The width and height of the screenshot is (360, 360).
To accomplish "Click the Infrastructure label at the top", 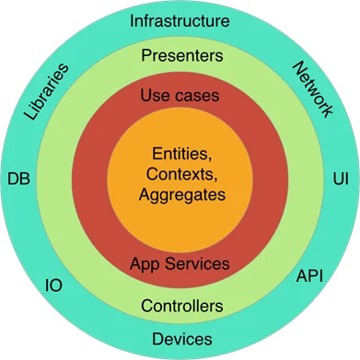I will coord(179,20).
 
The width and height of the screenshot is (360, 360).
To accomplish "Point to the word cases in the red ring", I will coord(194,94).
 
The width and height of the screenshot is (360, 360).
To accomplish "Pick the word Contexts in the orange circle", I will coord(178,175).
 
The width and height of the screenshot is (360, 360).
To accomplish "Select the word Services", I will coord(197,264).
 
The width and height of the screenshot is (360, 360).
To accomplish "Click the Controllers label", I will coord(180,305).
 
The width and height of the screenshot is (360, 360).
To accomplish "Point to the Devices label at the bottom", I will coord(180,338).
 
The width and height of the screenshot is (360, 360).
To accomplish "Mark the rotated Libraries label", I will coord(43,92).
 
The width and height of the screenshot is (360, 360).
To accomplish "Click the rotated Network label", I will coord(312,89).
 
